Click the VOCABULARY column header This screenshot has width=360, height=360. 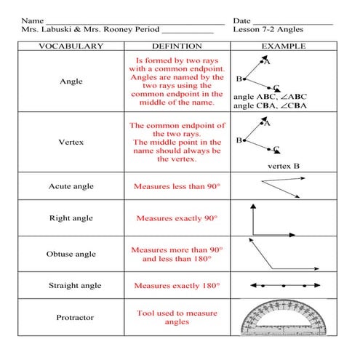point(71,46)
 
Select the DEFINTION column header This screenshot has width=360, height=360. point(177,46)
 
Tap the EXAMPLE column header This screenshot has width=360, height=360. point(283,46)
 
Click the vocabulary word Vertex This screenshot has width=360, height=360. point(71,142)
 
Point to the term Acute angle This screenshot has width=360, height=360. point(71,187)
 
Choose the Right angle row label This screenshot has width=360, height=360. point(71,218)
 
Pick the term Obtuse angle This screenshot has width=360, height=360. point(71,255)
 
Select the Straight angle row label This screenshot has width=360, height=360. point(71,286)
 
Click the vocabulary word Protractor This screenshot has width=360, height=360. point(71,318)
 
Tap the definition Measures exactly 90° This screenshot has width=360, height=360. point(177,218)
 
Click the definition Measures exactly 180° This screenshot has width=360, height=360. point(177,286)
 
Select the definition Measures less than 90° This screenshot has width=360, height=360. point(177,187)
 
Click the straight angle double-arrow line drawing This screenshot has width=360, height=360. point(284,286)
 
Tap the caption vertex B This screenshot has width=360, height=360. point(283,166)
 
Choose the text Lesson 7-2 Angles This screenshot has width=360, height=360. point(268,30)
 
